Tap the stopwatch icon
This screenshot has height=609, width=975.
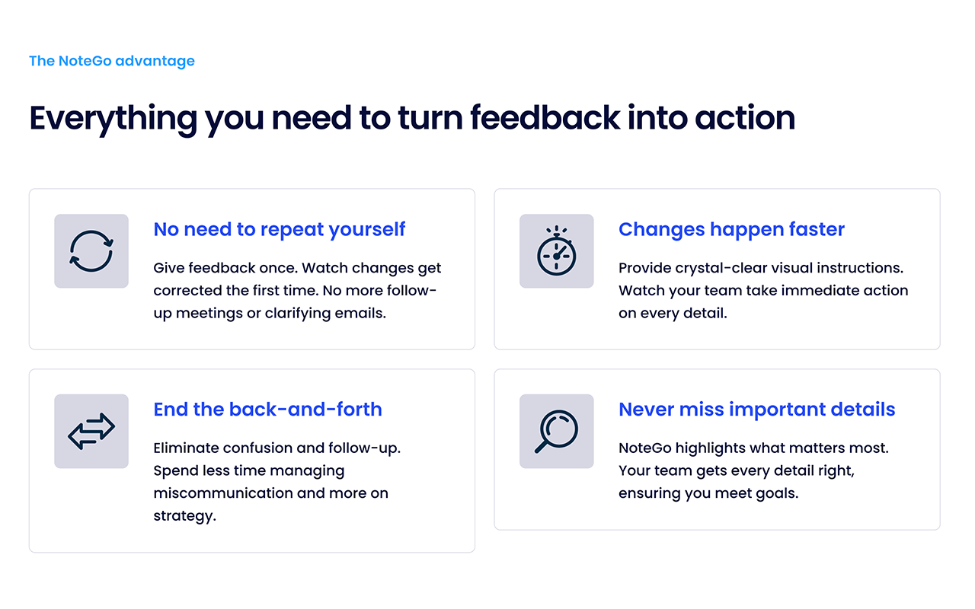tap(556, 251)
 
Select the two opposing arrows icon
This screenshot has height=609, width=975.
tap(91, 431)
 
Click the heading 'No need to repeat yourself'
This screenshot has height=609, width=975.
tap(279, 229)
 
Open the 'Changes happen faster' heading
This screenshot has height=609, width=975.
tap(731, 229)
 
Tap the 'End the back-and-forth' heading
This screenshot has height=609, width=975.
tap(267, 410)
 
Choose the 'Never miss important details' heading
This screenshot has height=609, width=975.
tap(756, 410)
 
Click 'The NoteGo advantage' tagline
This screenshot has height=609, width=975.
tap(112, 61)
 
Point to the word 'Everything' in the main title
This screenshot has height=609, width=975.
tap(113, 118)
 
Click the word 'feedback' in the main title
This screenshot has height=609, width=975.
tap(545, 117)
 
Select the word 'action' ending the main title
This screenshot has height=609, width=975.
tap(745, 118)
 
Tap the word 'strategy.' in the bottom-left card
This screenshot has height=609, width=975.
tap(184, 516)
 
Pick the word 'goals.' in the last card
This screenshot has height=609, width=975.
tap(776, 494)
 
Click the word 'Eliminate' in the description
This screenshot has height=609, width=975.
tap(186, 448)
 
